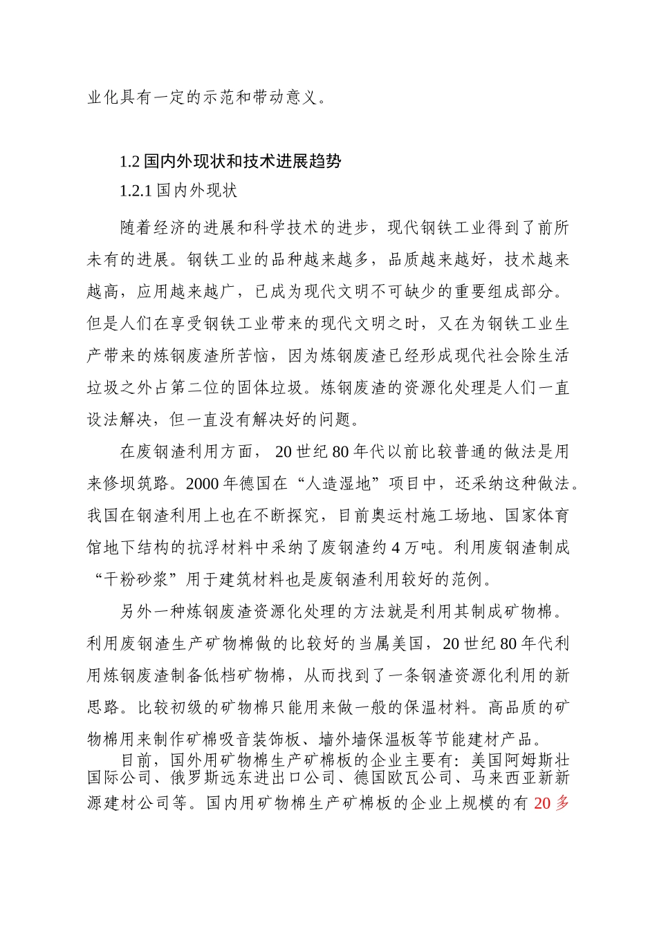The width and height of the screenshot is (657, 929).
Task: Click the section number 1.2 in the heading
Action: [129, 162]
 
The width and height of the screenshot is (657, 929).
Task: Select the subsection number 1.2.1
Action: [136, 191]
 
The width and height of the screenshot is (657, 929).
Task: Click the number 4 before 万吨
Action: [396, 548]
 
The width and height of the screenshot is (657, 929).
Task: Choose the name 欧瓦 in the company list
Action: [404, 778]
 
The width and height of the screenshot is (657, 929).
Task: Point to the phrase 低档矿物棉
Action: [255, 676]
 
